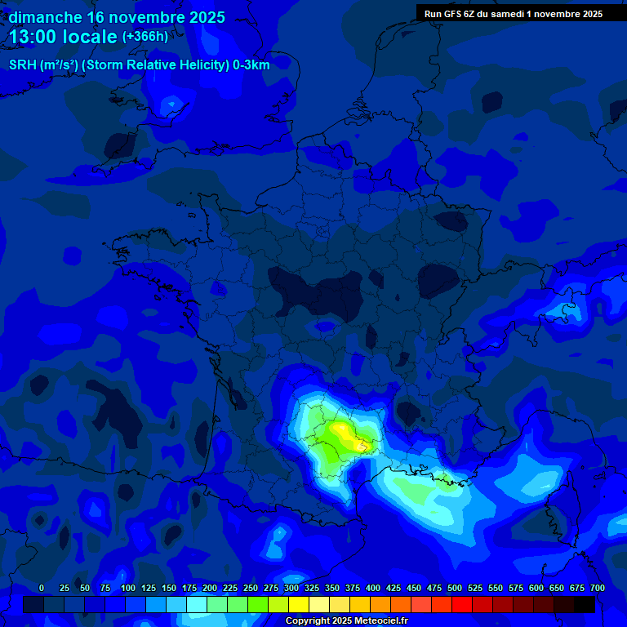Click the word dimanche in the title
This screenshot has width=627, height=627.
click(x=45, y=17)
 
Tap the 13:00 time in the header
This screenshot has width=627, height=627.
click(x=33, y=37)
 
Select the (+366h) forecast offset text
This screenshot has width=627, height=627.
click(x=146, y=37)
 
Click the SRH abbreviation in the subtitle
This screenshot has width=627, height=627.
click(x=23, y=64)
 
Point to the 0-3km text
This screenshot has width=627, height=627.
click(x=251, y=64)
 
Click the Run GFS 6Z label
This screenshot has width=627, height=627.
click(x=450, y=13)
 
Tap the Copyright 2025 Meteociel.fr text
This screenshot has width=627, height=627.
click(x=345, y=620)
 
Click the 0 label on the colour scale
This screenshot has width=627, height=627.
click(x=42, y=588)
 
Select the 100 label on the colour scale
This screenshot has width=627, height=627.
click(x=128, y=588)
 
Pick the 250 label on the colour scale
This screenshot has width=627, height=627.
click(x=251, y=588)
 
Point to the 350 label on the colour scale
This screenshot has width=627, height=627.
click(x=332, y=588)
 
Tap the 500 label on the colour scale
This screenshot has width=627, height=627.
click(x=455, y=588)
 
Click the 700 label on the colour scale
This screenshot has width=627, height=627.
click(x=598, y=588)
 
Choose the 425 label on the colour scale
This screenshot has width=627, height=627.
click(x=394, y=588)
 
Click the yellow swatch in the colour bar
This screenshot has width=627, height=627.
click(x=299, y=604)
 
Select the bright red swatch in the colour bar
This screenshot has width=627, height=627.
click(x=462, y=604)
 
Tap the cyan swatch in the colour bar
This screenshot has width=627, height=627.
click(x=197, y=604)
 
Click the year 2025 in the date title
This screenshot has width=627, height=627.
click(x=207, y=17)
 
